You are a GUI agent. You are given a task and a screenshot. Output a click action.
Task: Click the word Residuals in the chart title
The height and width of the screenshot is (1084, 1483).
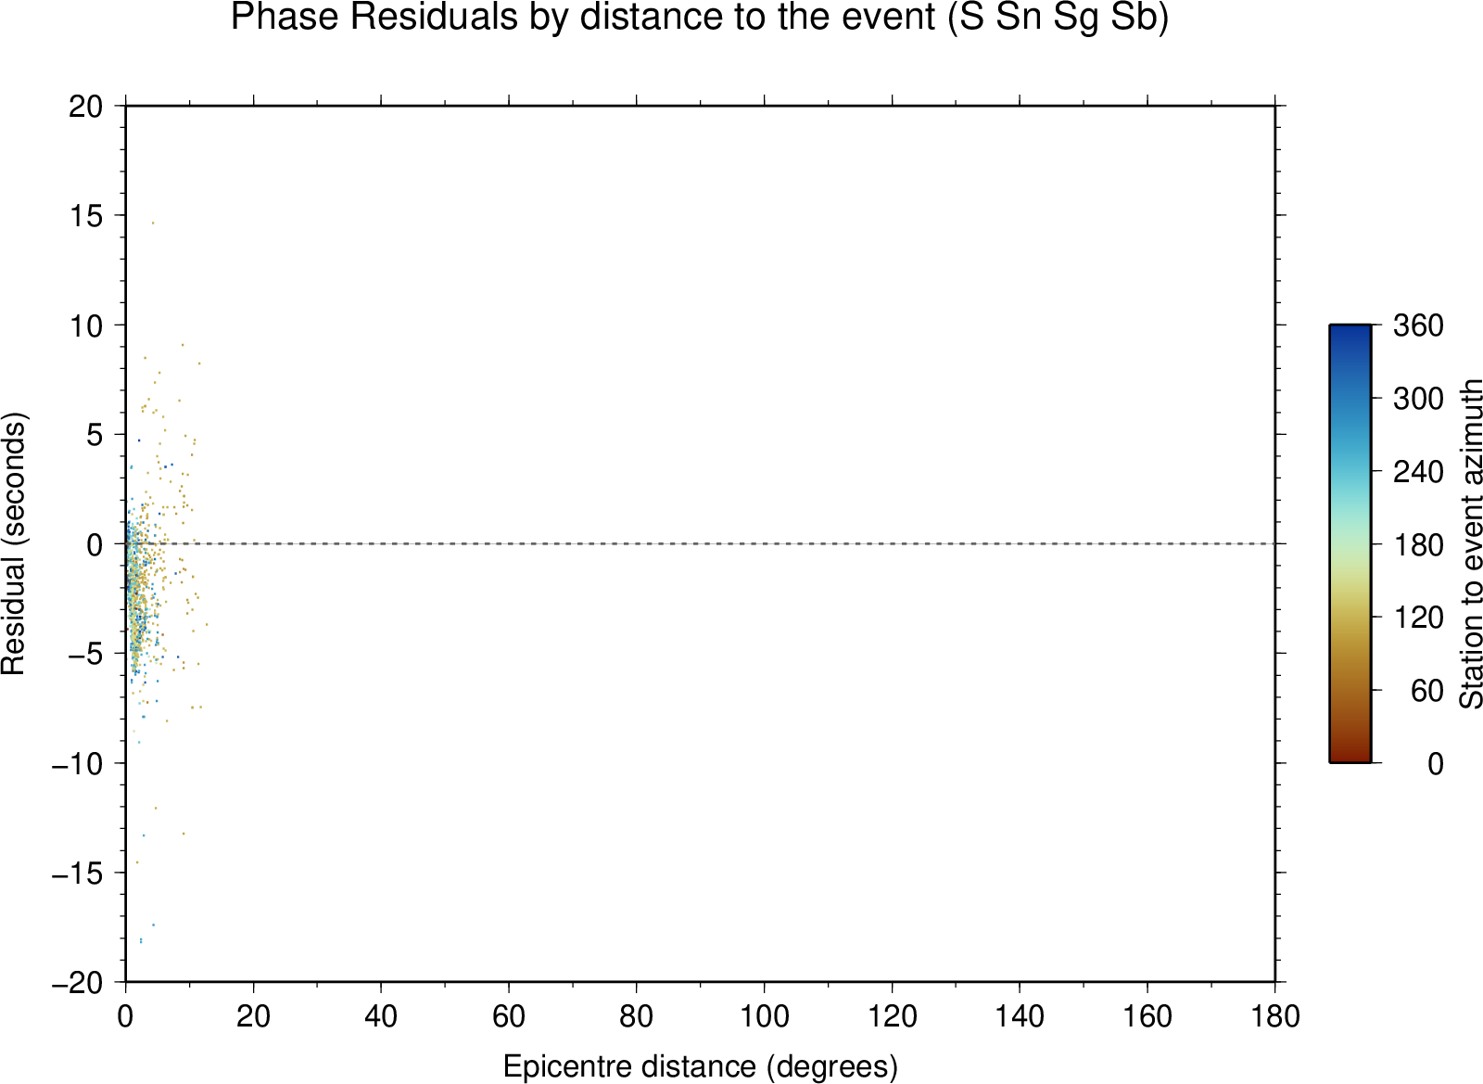tap(434, 17)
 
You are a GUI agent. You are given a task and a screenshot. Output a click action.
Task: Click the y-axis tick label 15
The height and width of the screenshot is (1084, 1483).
tap(86, 216)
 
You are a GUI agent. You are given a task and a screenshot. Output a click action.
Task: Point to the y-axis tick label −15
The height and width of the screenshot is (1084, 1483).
tap(78, 874)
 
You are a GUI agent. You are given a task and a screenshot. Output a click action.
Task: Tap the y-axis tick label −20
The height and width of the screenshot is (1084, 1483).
tap(78, 983)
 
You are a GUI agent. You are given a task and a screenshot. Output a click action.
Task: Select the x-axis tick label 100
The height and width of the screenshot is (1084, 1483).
tap(764, 1015)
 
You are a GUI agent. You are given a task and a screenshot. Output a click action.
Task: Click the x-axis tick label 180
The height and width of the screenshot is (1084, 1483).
tap(1275, 1015)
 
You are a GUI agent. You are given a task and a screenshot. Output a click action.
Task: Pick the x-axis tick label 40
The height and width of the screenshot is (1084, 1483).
tap(381, 1015)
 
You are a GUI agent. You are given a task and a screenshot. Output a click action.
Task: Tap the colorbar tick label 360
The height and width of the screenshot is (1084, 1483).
tap(1418, 325)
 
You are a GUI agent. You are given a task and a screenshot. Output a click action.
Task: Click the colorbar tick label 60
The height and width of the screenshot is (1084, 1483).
tap(1426, 691)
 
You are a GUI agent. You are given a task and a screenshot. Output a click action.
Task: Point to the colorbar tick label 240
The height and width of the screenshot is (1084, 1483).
tap(1418, 472)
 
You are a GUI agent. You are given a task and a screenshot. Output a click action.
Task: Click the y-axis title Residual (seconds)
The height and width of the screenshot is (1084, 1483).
tap(13, 543)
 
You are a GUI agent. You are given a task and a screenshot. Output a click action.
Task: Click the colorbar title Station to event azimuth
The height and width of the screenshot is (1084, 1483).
tap(1470, 543)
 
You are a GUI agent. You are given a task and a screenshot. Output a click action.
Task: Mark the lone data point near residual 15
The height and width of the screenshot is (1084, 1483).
tap(153, 223)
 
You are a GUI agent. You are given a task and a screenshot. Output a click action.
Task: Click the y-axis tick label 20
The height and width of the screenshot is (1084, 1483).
tap(86, 107)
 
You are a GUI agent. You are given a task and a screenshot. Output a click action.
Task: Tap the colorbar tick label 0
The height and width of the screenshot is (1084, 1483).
tap(1436, 764)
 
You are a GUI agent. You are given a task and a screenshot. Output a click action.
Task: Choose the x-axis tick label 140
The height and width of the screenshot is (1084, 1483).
tap(1020, 1015)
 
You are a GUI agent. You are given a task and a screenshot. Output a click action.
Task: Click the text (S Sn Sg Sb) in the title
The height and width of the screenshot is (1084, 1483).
tap(1058, 18)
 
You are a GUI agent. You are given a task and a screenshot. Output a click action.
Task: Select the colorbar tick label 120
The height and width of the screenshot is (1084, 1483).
tap(1418, 618)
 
